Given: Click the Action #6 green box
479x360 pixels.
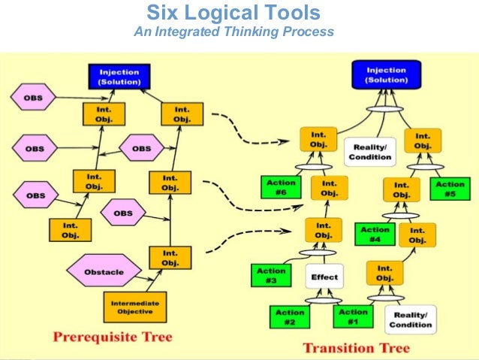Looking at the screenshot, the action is tap(281, 187).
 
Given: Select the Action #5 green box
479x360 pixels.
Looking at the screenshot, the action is tap(450, 189).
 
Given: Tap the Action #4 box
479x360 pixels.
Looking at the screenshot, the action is tap(375, 234).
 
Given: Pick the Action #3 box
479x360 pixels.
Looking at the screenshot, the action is tap(271, 275).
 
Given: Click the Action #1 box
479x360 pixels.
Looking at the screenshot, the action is tap(353, 316).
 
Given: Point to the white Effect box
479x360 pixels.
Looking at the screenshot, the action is tap(324, 277).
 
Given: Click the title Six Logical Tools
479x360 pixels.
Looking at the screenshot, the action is tap(233, 14).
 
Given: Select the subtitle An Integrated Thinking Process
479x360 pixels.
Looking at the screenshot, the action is tap(233, 32).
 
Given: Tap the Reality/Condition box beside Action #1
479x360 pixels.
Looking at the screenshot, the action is tap(411, 319).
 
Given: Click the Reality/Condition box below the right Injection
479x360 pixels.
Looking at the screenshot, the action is tap(369, 151).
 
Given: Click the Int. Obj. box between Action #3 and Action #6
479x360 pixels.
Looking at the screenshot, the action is tap(323, 230).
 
